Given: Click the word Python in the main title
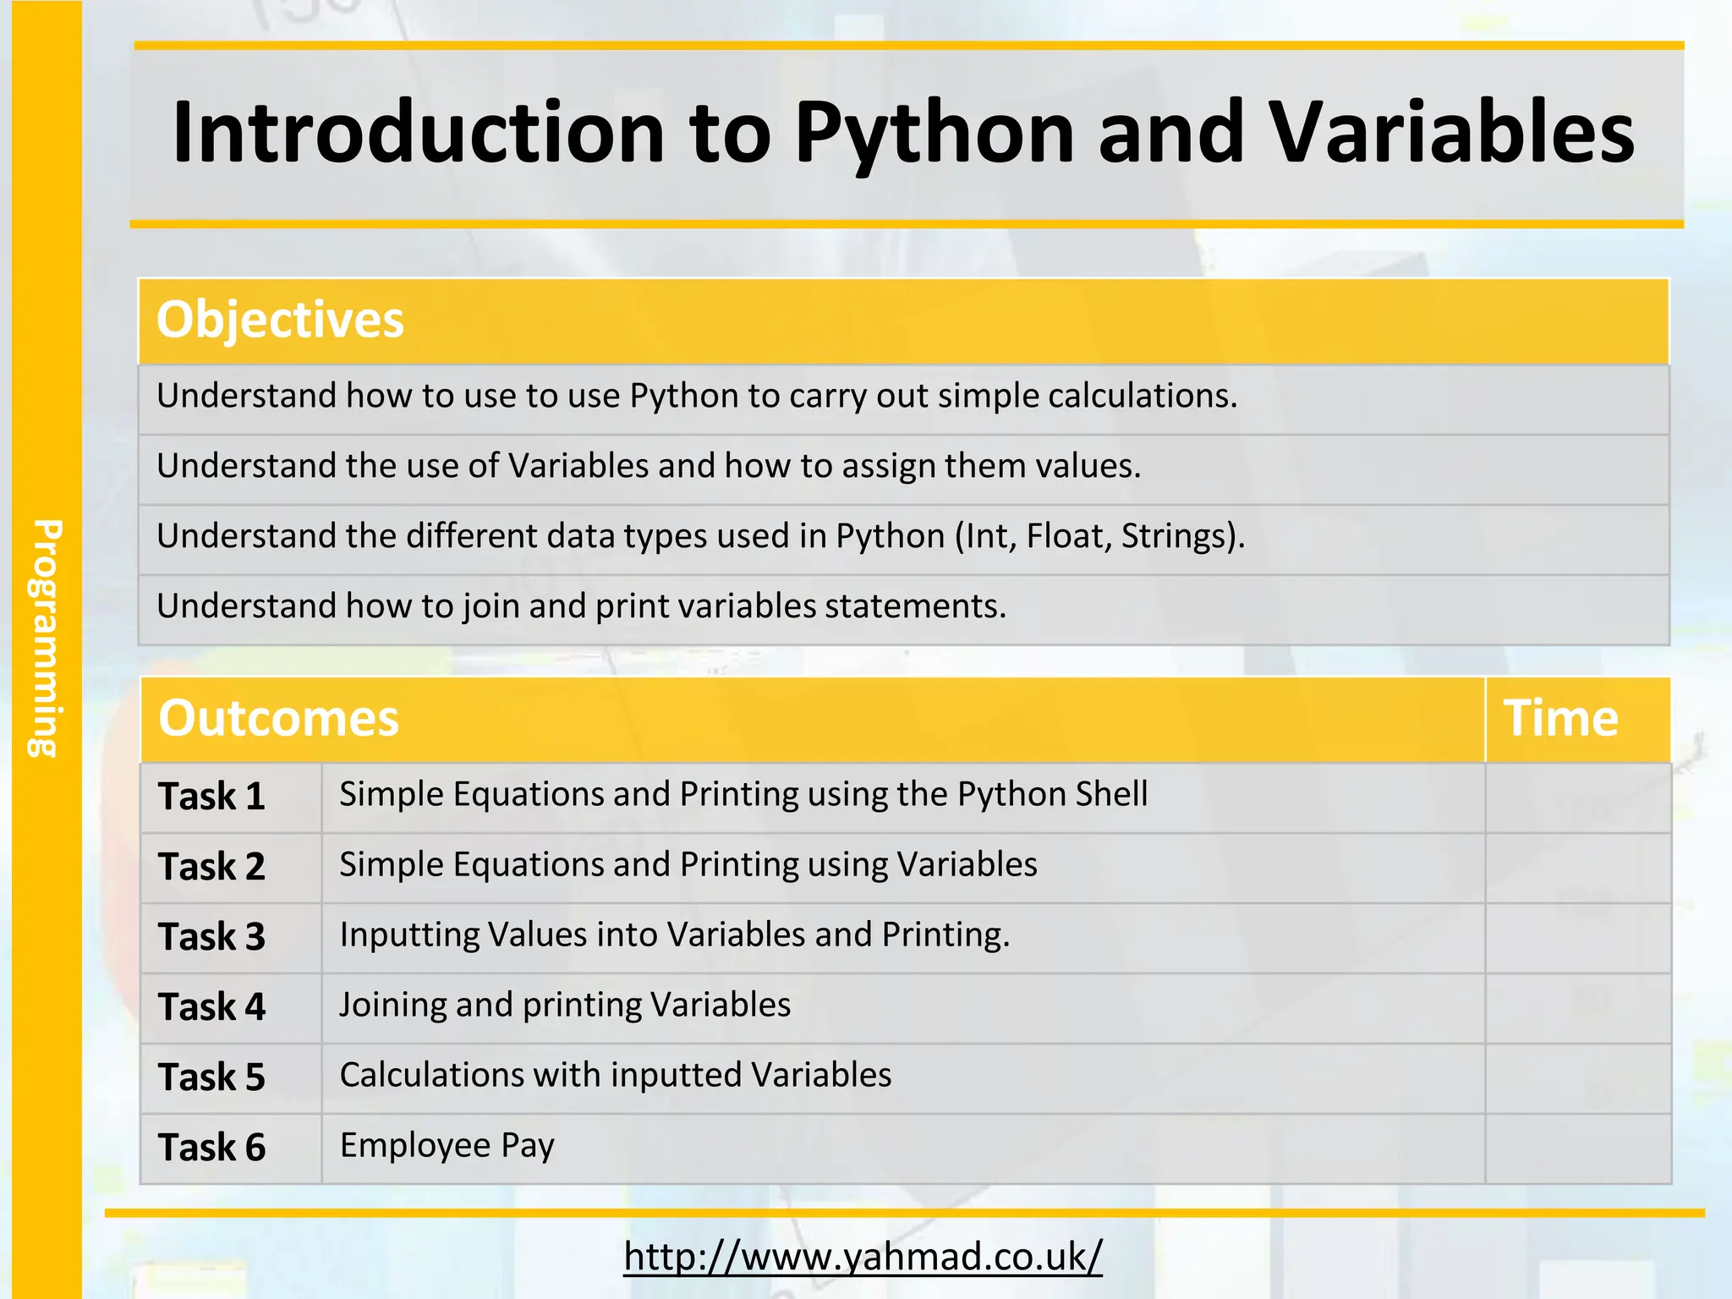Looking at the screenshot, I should point(934,134).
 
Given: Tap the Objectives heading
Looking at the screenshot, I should point(280,320).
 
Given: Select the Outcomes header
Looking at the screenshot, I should point(278,718).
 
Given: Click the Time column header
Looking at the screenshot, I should point(1560,718).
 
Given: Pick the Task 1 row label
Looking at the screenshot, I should point(211,797).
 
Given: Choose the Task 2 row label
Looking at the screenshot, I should point(211,867).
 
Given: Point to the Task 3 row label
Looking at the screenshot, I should point(211,937).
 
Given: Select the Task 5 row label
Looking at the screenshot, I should point(211,1077).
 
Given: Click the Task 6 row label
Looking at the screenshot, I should point(211,1148).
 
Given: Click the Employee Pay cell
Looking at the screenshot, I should point(447,1146).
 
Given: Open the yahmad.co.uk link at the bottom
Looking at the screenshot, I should point(863,1257).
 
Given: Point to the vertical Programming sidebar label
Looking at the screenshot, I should point(46,638).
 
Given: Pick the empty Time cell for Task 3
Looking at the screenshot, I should point(1577,937).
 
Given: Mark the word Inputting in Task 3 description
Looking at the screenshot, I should point(409,935).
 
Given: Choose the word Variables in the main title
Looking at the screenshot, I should point(1452,134).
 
